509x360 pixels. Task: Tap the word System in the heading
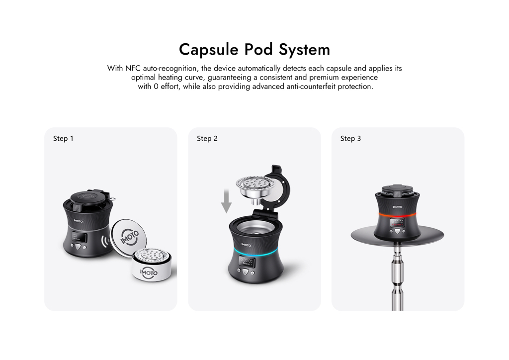pyautogui.click(x=304, y=50)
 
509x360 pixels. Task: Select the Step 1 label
pyautogui.click(x=63, y=139)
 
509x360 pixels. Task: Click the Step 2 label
pyautogui.click(x=207, y=139)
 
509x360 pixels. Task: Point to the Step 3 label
pyautogui.click(x=350, y=139)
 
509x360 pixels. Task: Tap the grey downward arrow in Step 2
pyautogui.click(x=226, y=201)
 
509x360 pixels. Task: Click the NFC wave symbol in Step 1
pyautogui.click(x=104, y=241)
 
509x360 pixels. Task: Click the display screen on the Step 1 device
pyautogui.click(x=80, y=238)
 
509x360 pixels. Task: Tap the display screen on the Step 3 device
pyautogui.click(x=397, y=222)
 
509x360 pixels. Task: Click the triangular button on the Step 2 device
pyautogui.click(x=246, y=272)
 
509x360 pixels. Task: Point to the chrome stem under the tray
pyautogui.click(x=397, y=277)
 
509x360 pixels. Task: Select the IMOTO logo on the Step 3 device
pyautogui.click(x=397, y=207)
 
